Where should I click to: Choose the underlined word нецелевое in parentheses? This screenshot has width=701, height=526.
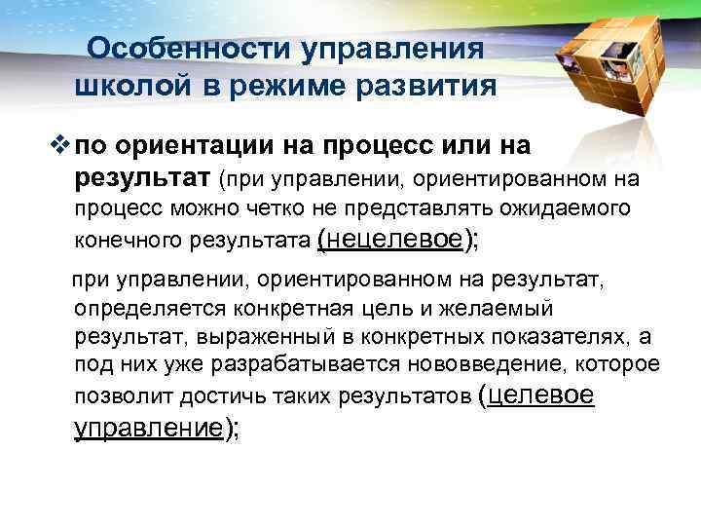[397, 238]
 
